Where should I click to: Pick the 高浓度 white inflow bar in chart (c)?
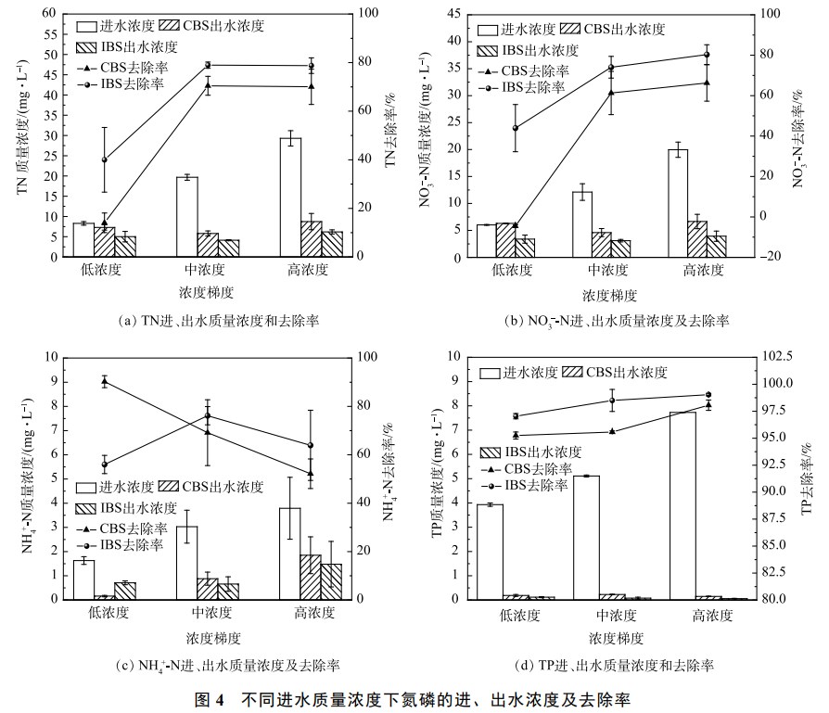(x=290, y=554)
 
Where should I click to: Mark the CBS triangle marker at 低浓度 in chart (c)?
(x=105, y=380)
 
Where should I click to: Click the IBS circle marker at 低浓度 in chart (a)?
(x=105, y=160)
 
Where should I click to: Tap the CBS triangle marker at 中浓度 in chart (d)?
(x=611, y=431)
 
